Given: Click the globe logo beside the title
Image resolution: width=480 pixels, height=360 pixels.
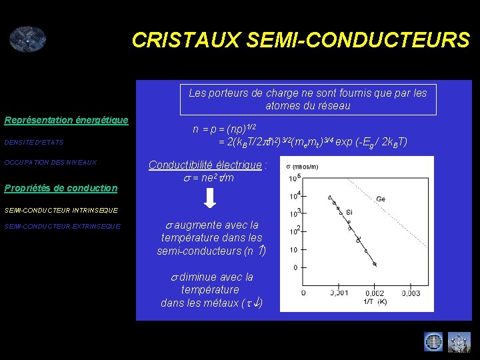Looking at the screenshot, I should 27,39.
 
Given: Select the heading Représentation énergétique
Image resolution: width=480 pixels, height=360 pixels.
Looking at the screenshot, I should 66,120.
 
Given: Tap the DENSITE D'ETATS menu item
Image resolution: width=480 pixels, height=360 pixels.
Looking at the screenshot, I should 33,142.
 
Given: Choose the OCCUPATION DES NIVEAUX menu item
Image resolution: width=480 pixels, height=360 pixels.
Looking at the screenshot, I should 50,163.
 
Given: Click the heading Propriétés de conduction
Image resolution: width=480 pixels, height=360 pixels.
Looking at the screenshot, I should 61,188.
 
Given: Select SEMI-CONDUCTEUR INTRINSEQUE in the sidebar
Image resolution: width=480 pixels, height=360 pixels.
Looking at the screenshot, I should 61,210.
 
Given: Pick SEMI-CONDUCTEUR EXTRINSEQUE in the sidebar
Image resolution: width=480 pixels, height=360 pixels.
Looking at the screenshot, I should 62,226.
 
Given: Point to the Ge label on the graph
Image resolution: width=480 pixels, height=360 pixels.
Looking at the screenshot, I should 381,199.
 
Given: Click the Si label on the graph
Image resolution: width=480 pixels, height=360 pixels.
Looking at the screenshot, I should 349,211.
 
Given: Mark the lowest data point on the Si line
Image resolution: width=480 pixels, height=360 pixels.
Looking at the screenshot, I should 375,264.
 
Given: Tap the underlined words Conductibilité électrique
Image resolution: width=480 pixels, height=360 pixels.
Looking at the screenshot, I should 205,165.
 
